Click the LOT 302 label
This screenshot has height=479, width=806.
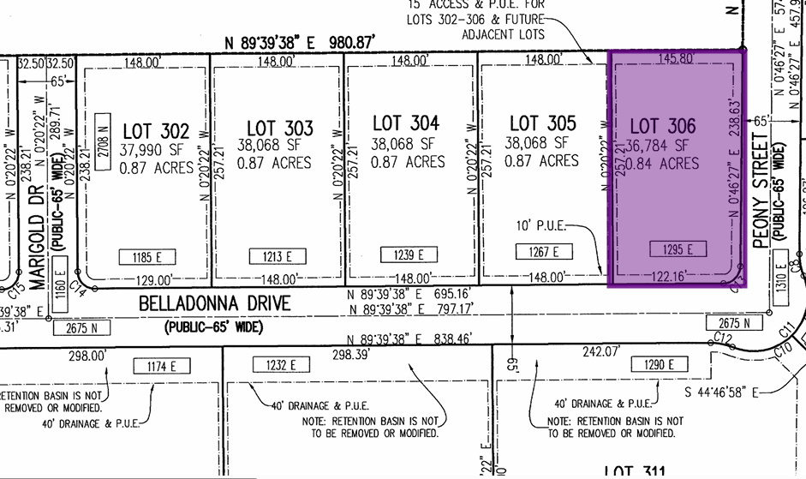pyautogui.click(x=155, y=131)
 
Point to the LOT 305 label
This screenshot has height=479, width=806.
pyautogui.click(x=542, y=123)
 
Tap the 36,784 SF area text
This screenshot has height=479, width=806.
pyautogui.click(x=659, y=145)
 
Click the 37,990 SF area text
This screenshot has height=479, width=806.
pyautogui.click(x=155, y=149)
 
